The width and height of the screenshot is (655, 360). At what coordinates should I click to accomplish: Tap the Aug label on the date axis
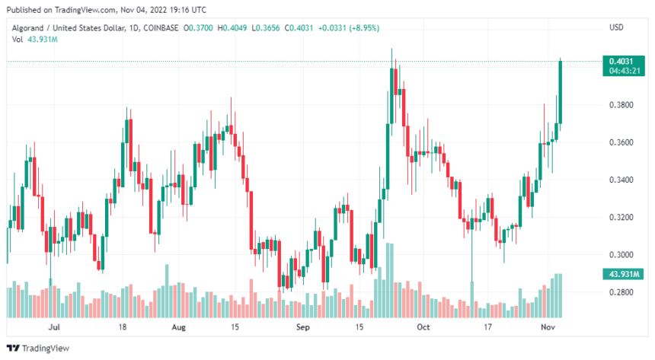click(x=178, y=327)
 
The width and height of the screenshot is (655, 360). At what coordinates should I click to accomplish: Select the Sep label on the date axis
click(x=303, y=327)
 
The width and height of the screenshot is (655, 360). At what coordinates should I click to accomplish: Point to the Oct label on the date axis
click(x=424, y=327)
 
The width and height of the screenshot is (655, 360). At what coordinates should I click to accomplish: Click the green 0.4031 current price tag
click(x=618, y=61)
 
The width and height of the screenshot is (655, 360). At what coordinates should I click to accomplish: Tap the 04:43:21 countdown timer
click(x=618, y=71)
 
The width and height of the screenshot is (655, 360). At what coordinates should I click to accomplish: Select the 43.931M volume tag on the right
click(x=618, y=274)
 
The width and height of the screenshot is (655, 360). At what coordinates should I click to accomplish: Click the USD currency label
click(x=617, y=28)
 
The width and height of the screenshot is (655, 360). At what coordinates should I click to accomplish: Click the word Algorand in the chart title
click(x=25, y=28)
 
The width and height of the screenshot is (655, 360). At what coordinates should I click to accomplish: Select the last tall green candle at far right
click(x=561, y=91)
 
